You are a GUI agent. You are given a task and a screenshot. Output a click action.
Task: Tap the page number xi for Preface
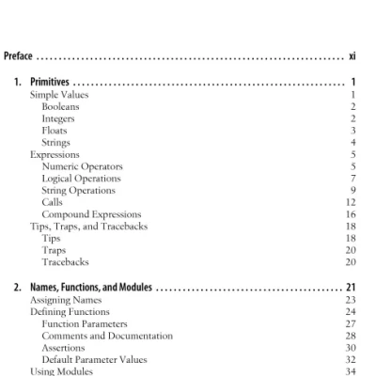(352, 57)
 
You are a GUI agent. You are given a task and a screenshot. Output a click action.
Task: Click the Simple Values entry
(56, 96)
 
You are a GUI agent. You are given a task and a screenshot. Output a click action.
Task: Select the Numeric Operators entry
(82, 166)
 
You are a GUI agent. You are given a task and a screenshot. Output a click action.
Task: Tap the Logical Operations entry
(81, 179)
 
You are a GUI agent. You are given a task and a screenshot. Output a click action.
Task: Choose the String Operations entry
(78, 190)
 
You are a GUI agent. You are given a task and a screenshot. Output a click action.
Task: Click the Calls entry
(53, 202)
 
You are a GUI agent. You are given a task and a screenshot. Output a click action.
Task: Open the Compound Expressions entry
(91, 214)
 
